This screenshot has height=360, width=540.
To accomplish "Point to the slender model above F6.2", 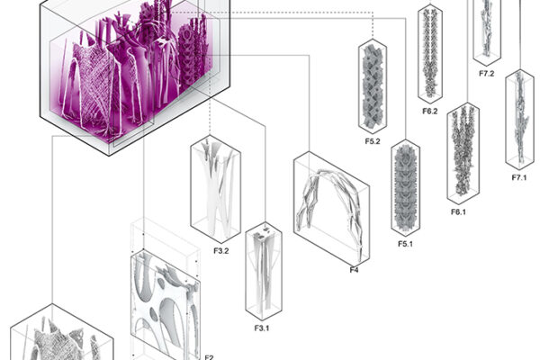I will tap(430, 54).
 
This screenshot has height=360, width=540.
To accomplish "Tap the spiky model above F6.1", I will tap(463, 153).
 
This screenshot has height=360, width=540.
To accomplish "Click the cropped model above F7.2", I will tap(488, 27).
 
